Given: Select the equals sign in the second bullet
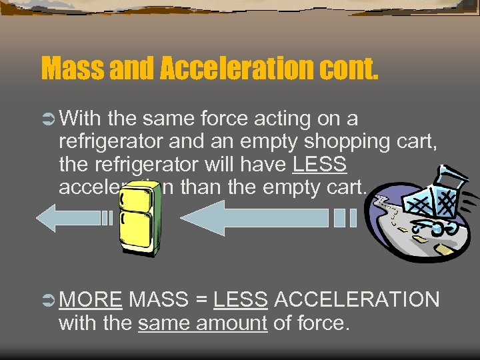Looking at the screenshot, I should (201, 301).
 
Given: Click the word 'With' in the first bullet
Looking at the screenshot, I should (80, 119).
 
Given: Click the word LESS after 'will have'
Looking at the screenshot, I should (319, 165).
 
